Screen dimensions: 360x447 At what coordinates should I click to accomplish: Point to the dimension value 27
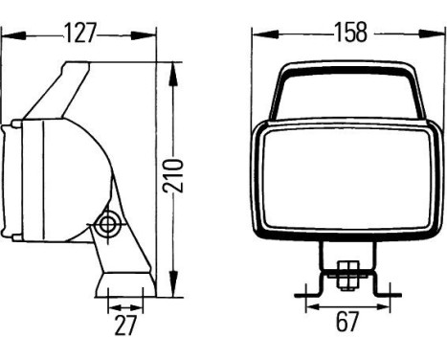(125, 326)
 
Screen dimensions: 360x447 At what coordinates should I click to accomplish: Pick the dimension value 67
(347, 322)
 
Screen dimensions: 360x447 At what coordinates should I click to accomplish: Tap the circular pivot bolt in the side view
(106, 226)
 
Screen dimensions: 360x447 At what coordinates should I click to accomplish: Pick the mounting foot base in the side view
(125, 283)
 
